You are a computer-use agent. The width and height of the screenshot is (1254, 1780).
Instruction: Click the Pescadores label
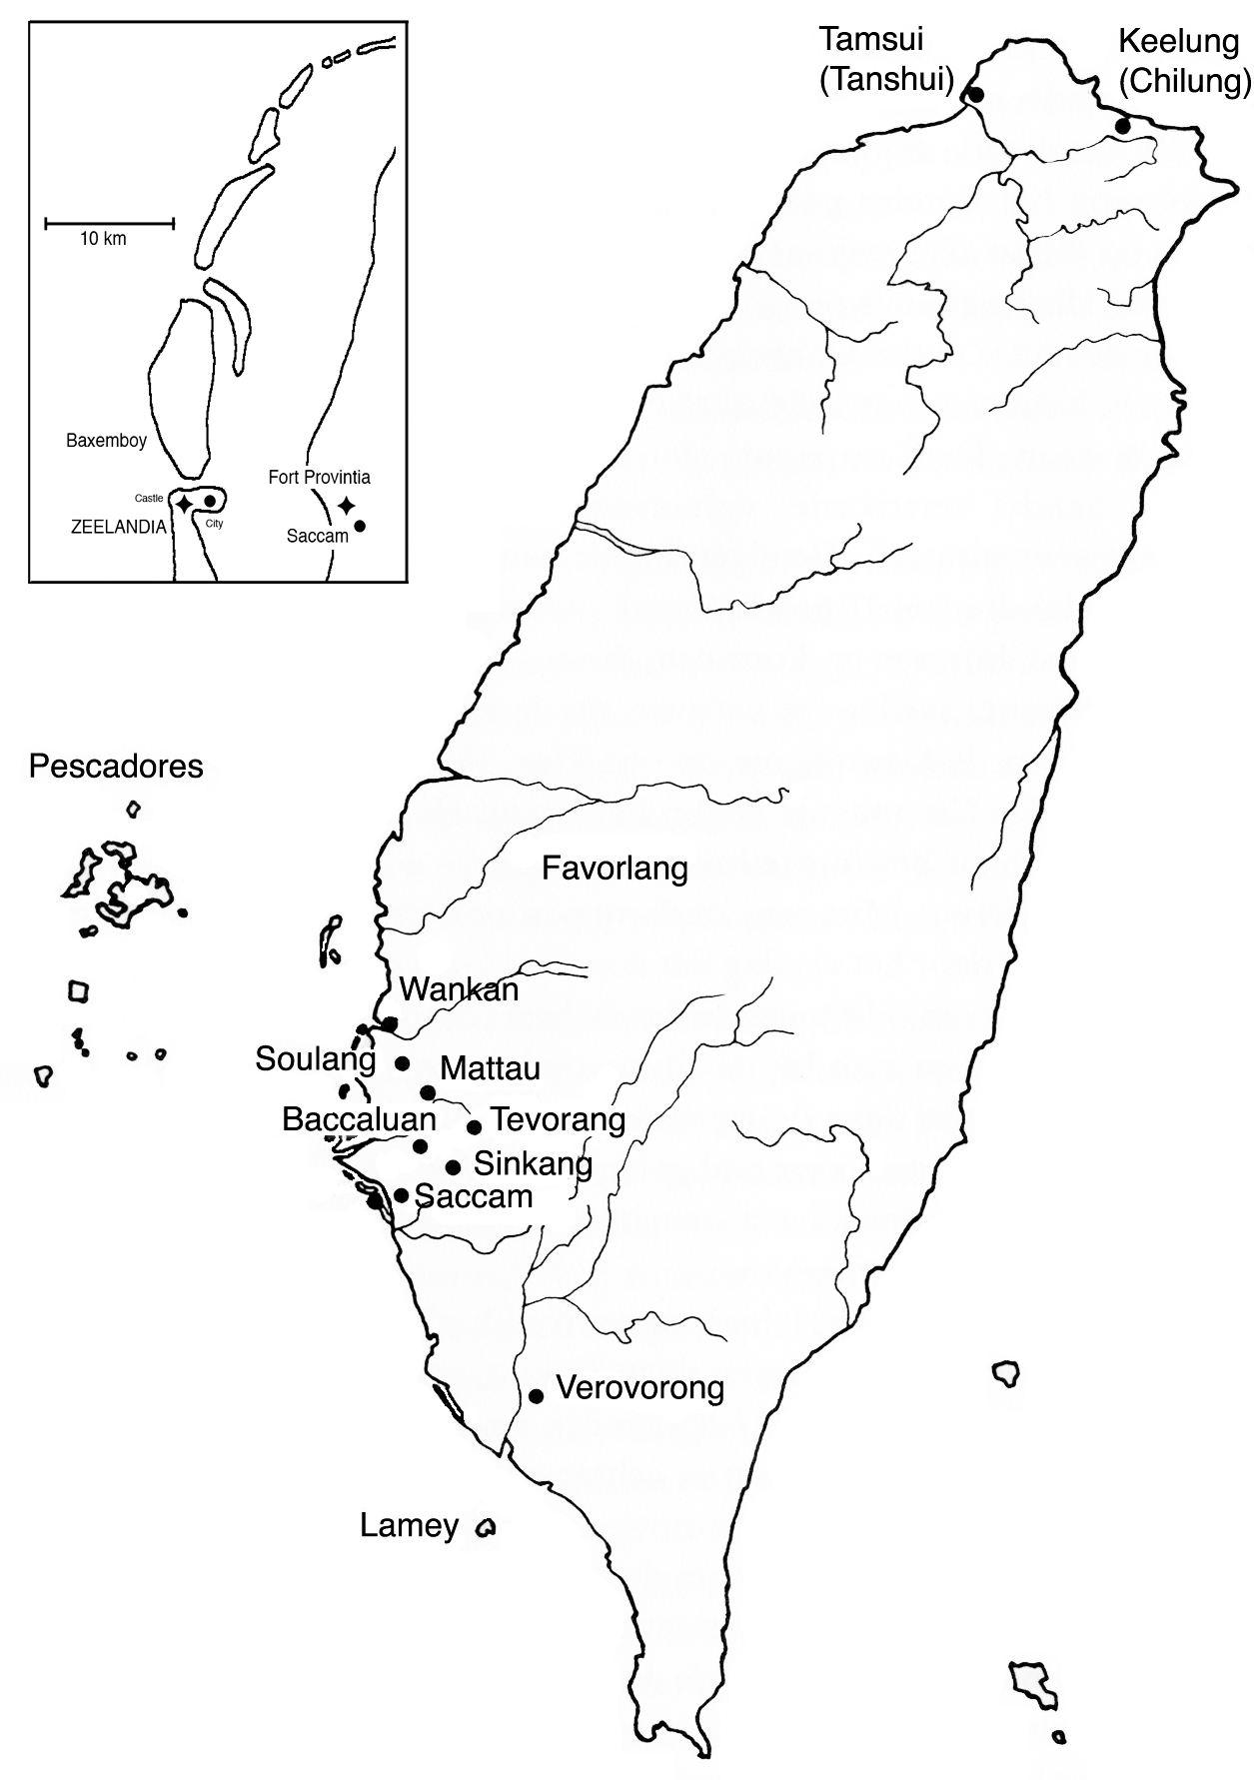point(116,767)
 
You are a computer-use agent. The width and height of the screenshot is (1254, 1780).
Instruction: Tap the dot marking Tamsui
point(976,95)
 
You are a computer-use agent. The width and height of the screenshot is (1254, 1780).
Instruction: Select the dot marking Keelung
point(1123,127)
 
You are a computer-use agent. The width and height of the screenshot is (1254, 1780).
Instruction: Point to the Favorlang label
point(615,868)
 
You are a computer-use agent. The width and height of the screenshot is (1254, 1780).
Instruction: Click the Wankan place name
point(459,989)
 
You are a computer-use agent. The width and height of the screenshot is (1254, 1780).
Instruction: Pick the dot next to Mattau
point(428,1092)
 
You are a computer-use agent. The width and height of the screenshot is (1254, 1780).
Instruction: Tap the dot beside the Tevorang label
point(475,1127)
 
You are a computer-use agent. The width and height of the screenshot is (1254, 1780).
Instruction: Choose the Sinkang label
point(533,1163)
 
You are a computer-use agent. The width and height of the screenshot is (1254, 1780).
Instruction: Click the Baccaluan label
point(359,1119)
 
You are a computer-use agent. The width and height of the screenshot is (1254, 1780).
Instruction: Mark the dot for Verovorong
point(536,1396)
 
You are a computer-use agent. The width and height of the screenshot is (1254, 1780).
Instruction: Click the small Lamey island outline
point(487,1528)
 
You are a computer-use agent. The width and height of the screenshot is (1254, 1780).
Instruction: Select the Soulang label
point(316,1059)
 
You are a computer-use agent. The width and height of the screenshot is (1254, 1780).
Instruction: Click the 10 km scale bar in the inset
point(110,223)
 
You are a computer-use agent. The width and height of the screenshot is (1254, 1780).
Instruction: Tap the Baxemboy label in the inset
point(106,441)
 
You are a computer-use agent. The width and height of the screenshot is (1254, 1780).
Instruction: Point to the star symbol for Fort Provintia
point(347,506)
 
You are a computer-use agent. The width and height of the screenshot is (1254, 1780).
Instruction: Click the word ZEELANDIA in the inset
point(118,528)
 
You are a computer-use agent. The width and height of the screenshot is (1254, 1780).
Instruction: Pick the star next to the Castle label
point(184,504)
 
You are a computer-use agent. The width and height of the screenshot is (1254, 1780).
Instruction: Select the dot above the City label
point(210,501)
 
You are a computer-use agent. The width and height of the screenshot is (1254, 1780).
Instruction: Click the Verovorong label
point(639,1388)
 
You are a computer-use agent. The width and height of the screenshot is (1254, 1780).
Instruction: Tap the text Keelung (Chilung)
point(1184,60)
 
